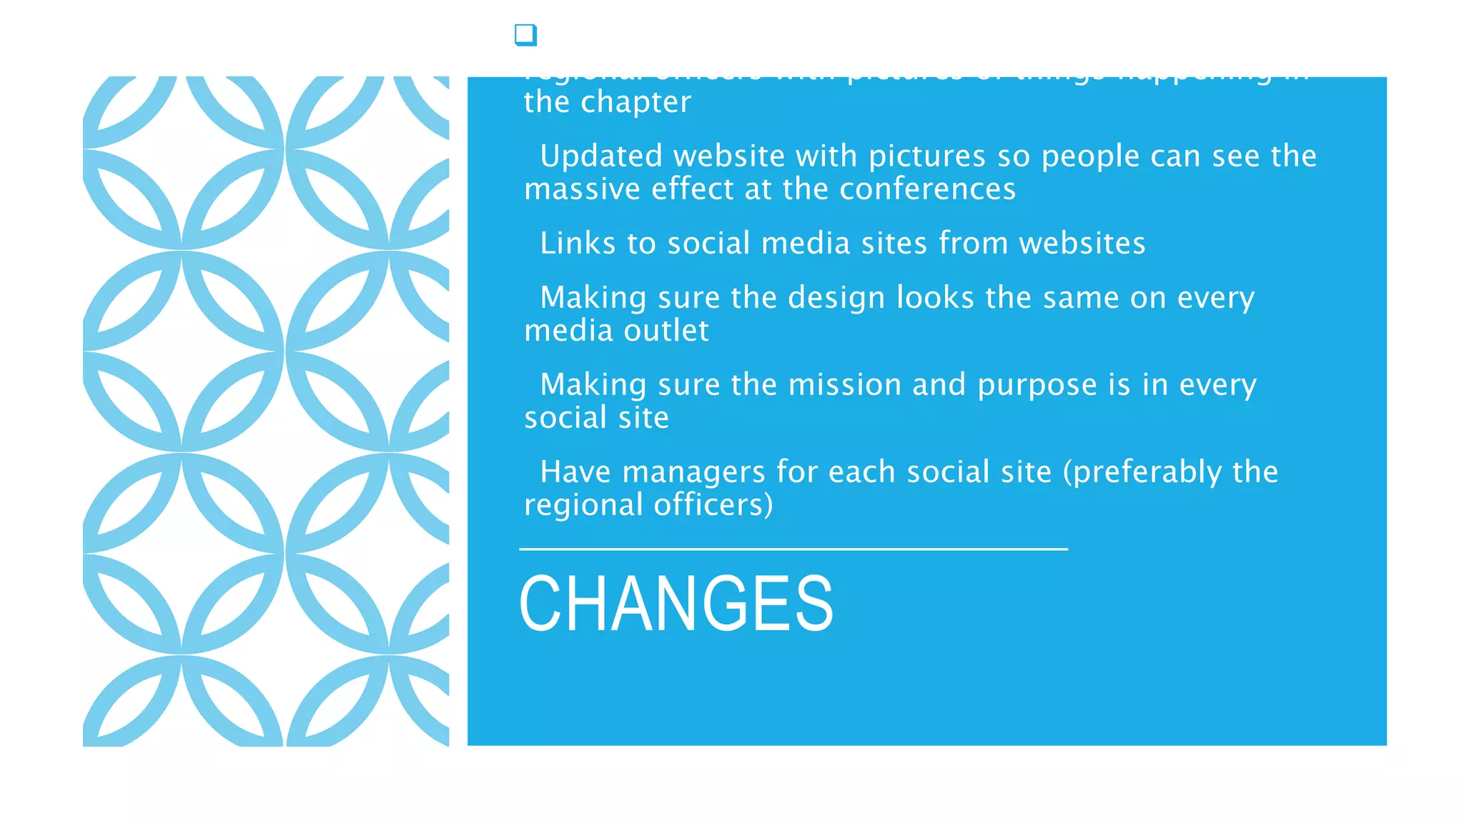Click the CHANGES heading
point(676,604)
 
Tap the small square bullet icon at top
point(525,34)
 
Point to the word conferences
point(927,189)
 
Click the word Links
point(578,244)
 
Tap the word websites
point(1082,244)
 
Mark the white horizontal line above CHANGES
point(793,549)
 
